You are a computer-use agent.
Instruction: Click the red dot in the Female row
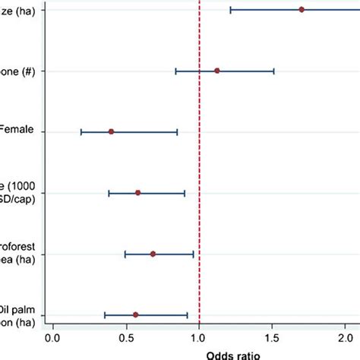pyautogui.click(x=111, y=131)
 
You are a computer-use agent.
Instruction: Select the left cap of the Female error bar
pyautogui.click(x=81, y=131)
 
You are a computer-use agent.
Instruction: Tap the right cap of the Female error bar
pyautogui.click(x=177, y=131)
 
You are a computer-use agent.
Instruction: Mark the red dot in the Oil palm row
pyautogui.click(x=135, y=314)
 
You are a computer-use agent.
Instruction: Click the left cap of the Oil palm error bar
pyautogui.click(x=105, y=314)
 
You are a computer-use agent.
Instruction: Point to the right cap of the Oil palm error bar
pyautogui.click(x=187, y=314)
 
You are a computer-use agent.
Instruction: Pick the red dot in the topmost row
pyautogui.click(x=302, y=9)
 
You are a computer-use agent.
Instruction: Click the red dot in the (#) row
pyautogui.click(x=217, y=71)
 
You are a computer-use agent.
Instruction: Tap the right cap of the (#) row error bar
pyautogui.click(x=273, y=71)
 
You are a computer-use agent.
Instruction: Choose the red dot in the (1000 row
pyautogui.click(x=137, y=193)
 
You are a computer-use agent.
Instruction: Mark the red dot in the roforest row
pyautogui.click(x=153, y=254)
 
